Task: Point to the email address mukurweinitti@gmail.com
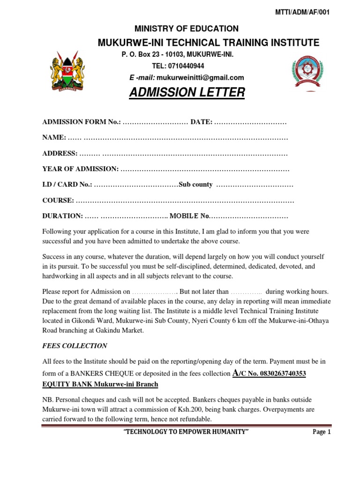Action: pos(200,77)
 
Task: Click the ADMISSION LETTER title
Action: pos(187,93)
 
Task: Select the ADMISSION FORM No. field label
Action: pos(81,122)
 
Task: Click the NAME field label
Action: pos(54,137)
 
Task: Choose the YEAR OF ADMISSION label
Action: pos(80,169)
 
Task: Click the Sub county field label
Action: pos(196,185)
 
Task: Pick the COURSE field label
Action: pos(58,201)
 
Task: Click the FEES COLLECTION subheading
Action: pos(75,346)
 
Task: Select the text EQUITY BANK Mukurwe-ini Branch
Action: pos(100,384)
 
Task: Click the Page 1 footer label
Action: pos(322,432)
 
